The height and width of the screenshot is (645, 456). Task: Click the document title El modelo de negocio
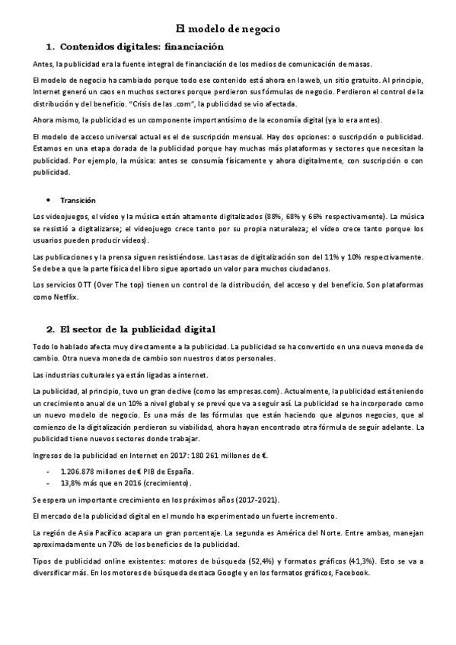click(228, 28)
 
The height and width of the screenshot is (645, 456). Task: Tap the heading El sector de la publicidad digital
click(138, 329)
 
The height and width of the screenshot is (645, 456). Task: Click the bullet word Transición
click(78, 200)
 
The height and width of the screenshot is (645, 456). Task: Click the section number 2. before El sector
click(50, 329)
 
